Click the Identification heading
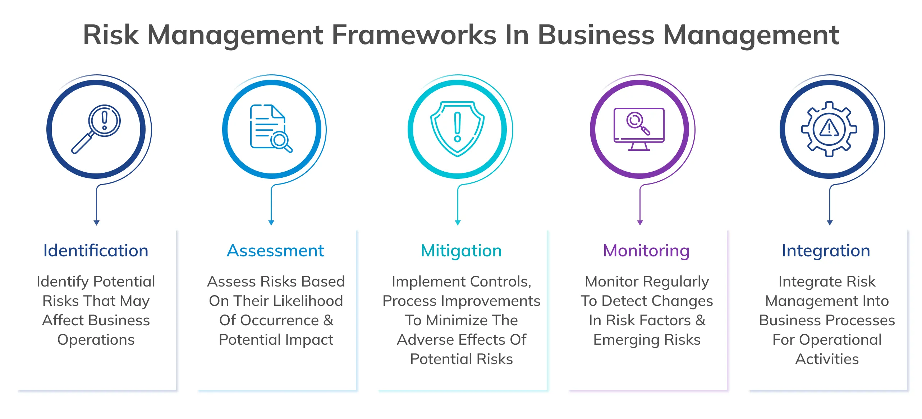coord(96,251)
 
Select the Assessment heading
coord(275,251)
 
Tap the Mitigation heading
coord(461,251)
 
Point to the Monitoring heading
coord(646,251)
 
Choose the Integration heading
coord(826,251)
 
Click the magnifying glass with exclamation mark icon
coord(96,129)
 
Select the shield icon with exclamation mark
coord(457,129)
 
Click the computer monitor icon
coord(639,129)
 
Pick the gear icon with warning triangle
coord(829,129)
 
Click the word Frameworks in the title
coord(413,35)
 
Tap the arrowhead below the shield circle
coord(458,223)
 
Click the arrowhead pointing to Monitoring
coord(640,223)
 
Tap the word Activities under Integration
coord(827,359)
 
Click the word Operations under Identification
coord(96,340)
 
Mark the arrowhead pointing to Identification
coord(96,223)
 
